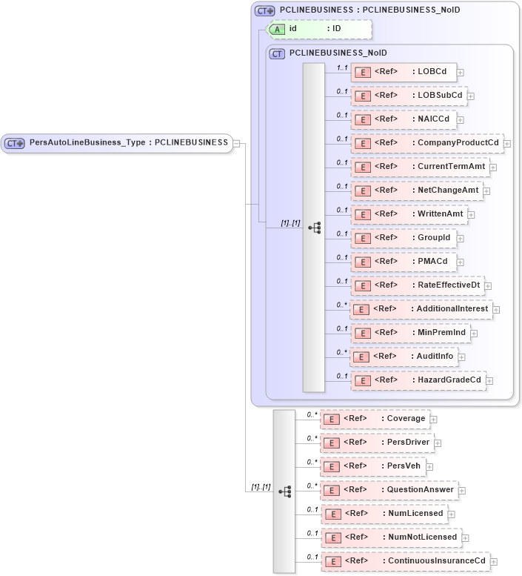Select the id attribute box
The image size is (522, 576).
tap(319, 29)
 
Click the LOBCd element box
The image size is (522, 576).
tap(404, 72)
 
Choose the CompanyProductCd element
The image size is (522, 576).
tap(426, 143)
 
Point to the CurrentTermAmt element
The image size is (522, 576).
tap(419, 167)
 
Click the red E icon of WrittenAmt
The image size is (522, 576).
tap(363, 214)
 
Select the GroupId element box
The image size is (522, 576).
tap(404, 238)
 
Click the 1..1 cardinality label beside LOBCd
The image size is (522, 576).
tap(342, 67)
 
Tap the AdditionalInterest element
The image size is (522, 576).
tap(421, 309)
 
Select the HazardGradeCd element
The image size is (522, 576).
tap(418, 380)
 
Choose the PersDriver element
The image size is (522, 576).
tap(377, 443)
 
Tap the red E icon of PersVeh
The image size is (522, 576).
tap(333, 466)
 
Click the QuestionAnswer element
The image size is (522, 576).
tap(389, 490)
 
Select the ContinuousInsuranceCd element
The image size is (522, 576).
tap(404, 561)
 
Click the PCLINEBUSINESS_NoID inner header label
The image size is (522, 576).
tap(337, 53)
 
